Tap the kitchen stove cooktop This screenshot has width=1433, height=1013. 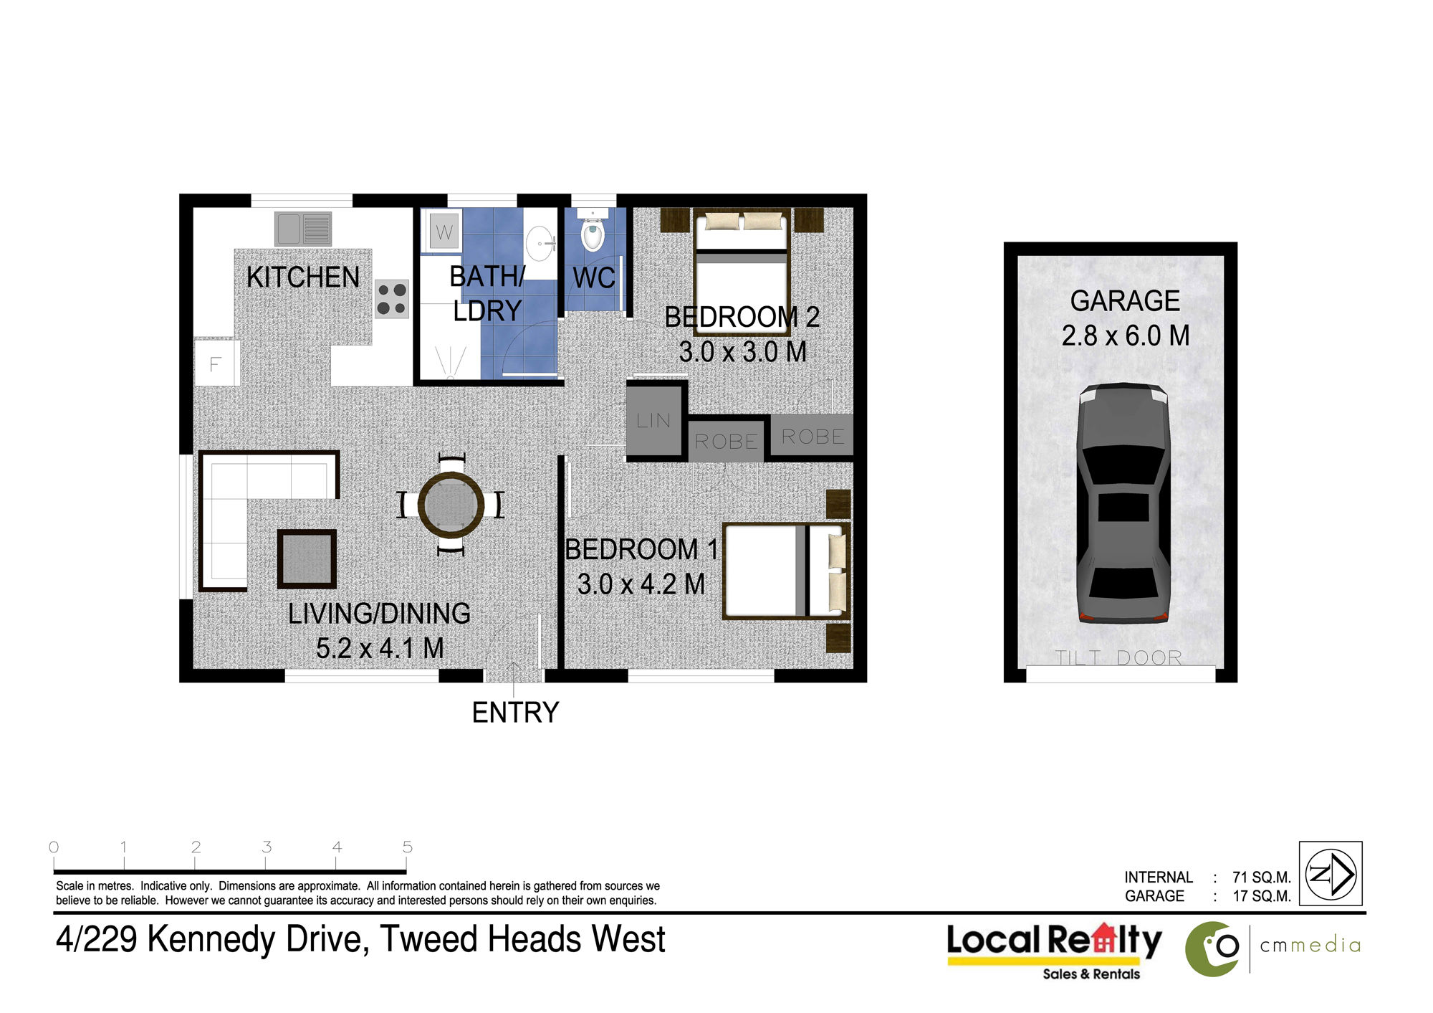392,299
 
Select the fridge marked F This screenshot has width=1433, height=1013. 215,364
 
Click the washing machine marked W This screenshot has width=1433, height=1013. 444,232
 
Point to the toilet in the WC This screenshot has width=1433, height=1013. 593,232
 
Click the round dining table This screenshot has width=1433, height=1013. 451,505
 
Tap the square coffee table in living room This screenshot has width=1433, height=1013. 307,559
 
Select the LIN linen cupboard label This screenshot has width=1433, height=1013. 653,421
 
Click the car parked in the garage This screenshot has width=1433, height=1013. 1123,503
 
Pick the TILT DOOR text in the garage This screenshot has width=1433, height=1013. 1118,657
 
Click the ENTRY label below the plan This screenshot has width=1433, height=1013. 515,713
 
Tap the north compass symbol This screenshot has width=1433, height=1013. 1331,874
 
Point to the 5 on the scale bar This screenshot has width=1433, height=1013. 407,847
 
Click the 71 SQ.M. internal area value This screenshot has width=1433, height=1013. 1262,878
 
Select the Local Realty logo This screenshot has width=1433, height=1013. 1055,951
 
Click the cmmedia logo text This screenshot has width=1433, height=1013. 1310,946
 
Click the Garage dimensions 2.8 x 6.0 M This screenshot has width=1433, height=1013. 1126,336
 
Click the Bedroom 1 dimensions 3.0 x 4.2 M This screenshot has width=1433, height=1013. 641,584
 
